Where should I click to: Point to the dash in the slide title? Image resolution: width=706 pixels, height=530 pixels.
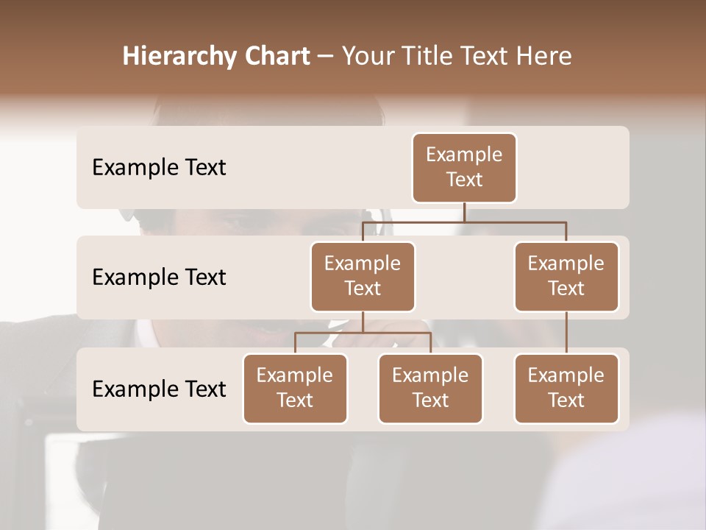325,57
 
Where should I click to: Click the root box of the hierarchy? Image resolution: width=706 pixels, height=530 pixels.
464,168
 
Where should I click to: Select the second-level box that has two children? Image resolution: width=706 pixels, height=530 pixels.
363,277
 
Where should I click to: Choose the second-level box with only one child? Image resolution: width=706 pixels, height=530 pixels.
566,277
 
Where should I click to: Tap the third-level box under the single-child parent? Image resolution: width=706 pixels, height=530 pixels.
566,389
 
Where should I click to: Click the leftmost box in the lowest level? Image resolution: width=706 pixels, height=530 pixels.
295,389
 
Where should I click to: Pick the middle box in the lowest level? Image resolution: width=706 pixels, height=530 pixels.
430,389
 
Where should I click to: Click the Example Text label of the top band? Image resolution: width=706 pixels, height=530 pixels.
159,168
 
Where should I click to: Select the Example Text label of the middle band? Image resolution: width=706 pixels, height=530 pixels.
159,278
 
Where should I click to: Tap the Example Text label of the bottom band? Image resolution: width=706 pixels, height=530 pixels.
159,389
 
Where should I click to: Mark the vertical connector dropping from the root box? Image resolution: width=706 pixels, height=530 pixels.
464,212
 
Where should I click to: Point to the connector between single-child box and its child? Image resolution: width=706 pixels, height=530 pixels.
566,333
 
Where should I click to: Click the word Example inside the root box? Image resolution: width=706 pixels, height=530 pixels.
464,155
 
